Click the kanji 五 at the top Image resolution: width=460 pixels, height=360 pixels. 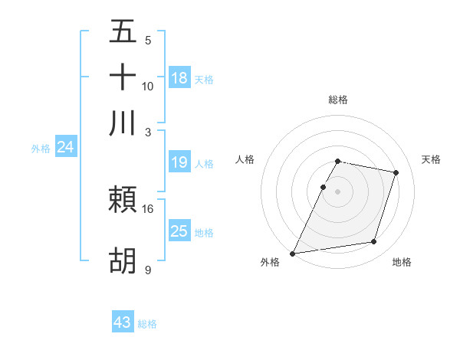[123, 33]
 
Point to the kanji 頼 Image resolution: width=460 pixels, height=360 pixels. [123, 201]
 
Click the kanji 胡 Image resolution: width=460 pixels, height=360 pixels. [123, 260]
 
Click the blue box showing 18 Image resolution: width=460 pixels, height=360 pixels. [179, 77]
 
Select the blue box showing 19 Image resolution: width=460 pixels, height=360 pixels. [179, 162]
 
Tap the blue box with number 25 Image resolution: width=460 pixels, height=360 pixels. [179, 231]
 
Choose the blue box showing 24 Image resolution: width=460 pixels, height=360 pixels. [65, 147]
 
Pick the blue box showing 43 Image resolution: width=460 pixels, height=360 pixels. [123, 322]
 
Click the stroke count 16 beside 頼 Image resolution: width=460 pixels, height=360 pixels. [148, 208]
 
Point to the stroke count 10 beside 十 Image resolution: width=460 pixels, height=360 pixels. [148, 86]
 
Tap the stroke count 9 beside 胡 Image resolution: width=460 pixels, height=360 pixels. [148, 269]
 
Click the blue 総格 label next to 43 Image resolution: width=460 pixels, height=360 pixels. [147, 324]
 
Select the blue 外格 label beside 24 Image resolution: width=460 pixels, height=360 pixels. [41, 149]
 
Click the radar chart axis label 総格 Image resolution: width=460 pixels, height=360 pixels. [337, 100]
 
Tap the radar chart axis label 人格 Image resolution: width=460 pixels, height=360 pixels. [245, 159]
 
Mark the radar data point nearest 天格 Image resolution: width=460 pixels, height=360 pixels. [396, 173]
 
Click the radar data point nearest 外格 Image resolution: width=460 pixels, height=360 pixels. [293, 253]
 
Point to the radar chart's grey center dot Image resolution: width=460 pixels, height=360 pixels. [337, 191]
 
